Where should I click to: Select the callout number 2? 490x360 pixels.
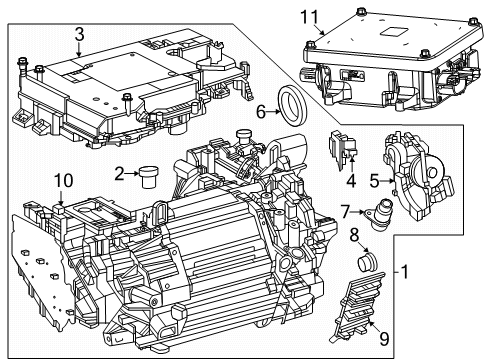coord(119,173)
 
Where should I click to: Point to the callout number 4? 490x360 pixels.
coord(350,181)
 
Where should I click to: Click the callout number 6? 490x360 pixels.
coord(262,113)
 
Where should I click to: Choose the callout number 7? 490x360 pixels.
coord(345,211)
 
